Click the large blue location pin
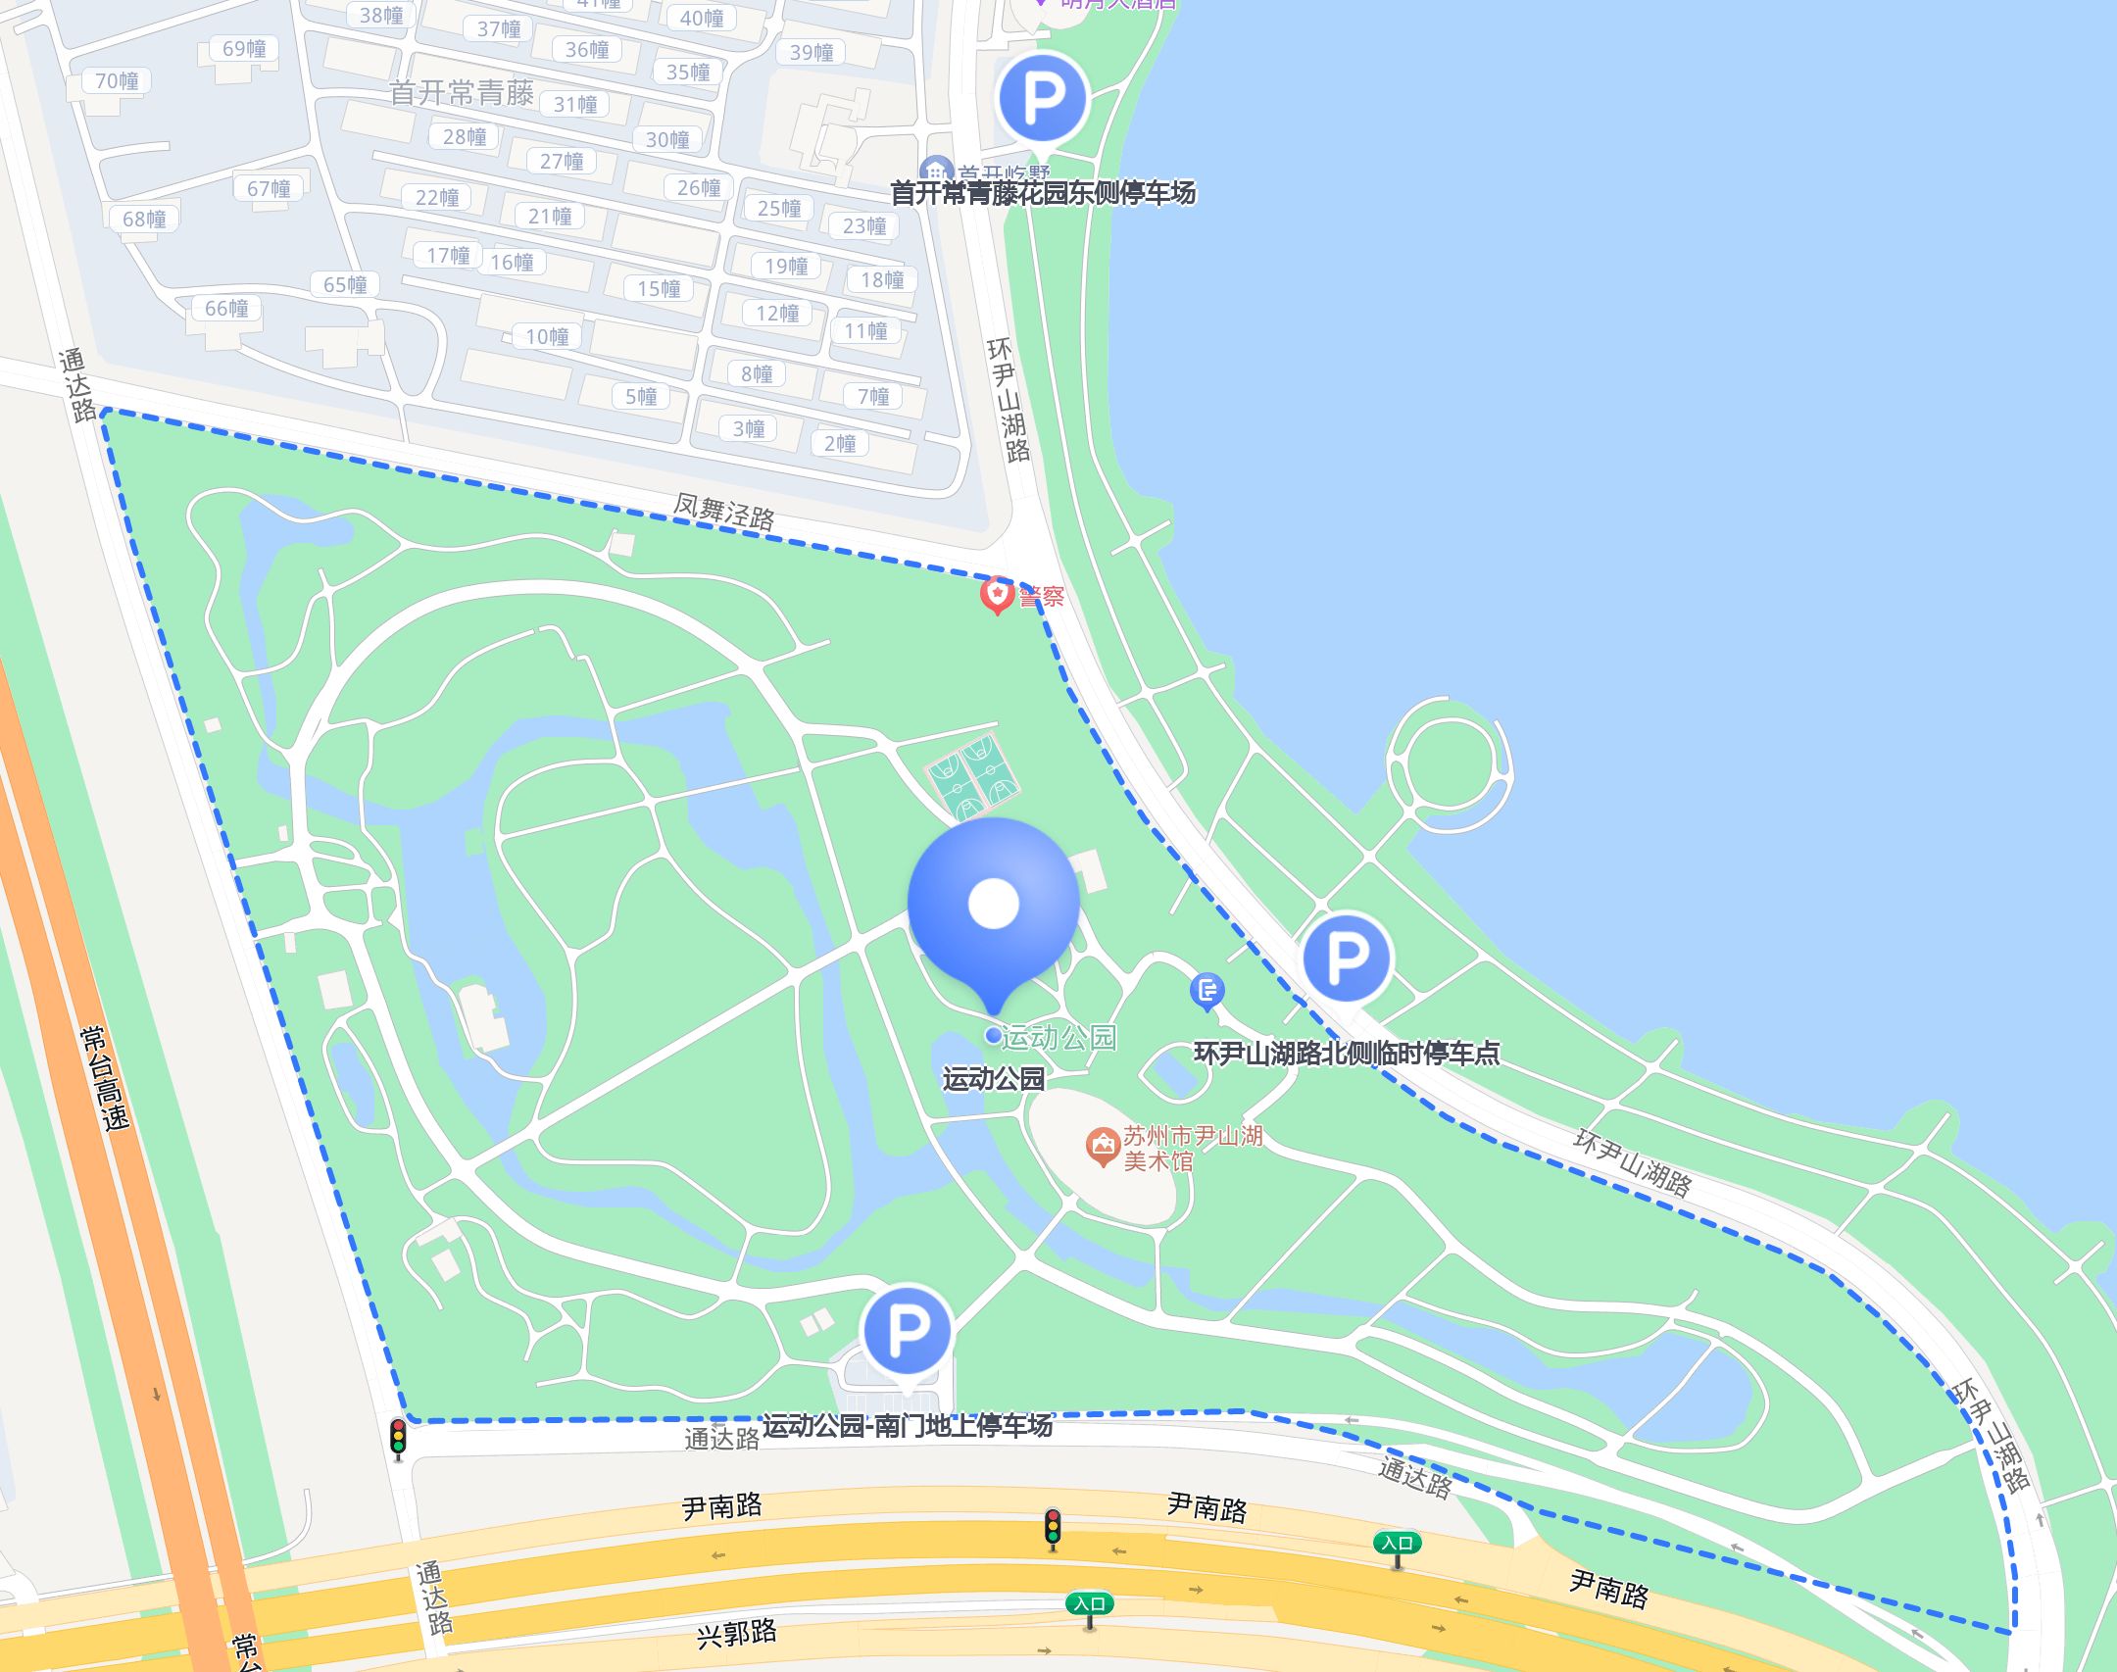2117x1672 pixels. tap(993, 903)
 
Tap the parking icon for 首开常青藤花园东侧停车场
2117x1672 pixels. tap(1043, 98)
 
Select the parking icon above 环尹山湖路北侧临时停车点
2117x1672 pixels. tap(1346, 958)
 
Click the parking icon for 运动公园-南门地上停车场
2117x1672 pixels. tap(907, 1329)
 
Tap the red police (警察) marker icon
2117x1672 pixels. tap(997, 594)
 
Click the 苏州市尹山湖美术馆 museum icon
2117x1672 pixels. tap(1103, 1145)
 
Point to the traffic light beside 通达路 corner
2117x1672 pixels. tap(398, 1436)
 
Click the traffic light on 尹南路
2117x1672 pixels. tap(1053, 1527)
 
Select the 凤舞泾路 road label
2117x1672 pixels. tap(723, 511)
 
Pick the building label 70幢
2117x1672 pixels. tap(117, 81)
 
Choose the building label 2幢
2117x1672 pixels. tap(840, 443)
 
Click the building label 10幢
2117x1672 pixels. tap(547, 337)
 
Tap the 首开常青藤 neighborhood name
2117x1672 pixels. tap(461, 93)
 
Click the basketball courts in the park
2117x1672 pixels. tap(973, 777)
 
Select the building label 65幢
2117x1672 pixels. tap(345, 284)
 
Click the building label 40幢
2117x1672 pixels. tap(702, 18)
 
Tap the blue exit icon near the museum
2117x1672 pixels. tap(1206, 990)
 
